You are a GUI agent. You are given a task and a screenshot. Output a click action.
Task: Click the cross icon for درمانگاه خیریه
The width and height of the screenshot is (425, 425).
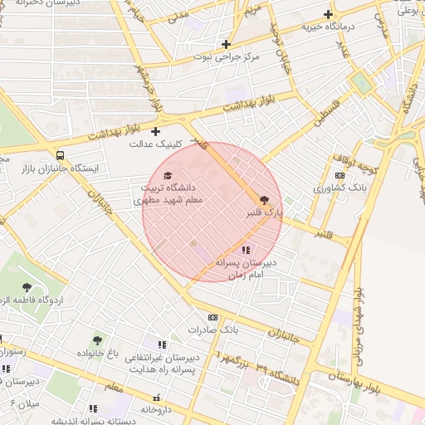coord(330,14)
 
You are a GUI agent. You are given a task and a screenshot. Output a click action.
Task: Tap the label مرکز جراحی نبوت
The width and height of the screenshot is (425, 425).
coord(227,57)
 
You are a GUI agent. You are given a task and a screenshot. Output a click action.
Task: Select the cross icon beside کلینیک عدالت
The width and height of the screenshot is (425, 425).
coord(155,131)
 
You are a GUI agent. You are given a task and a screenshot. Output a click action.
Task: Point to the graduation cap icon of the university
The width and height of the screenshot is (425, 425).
coord(169,176)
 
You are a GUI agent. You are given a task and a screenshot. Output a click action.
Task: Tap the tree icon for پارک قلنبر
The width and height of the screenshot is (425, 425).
coord(265,200)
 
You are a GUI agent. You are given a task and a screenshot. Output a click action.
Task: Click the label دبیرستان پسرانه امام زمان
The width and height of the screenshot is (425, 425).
coord(245,267)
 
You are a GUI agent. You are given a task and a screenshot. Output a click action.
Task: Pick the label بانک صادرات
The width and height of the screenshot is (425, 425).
coord(212,330)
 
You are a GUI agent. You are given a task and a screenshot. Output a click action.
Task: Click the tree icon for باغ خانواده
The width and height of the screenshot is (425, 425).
coord(97,340)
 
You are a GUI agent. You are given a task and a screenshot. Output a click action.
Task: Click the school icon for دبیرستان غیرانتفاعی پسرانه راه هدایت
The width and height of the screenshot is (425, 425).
coord(163,344)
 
